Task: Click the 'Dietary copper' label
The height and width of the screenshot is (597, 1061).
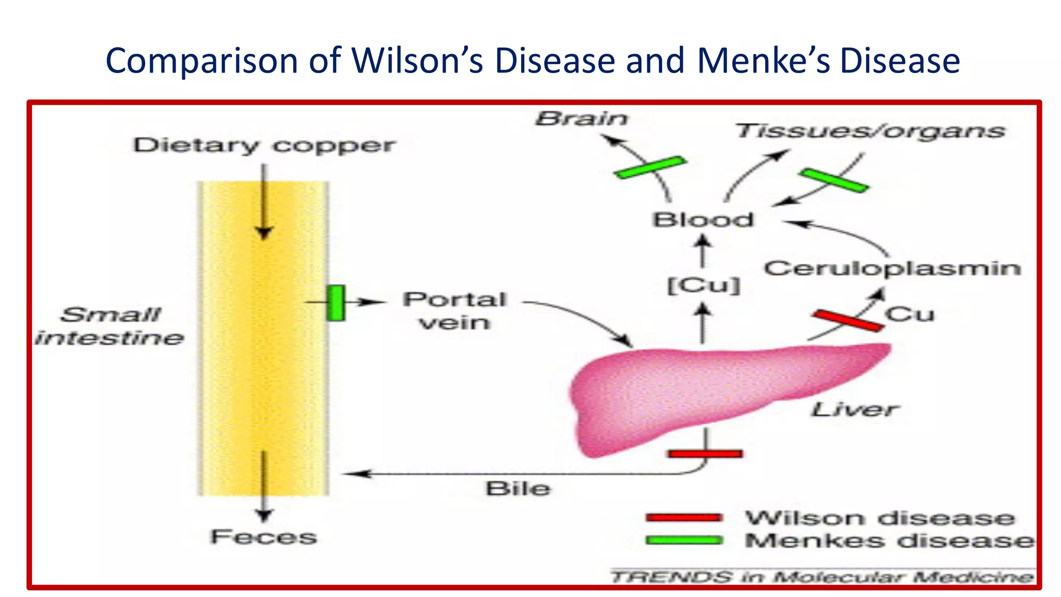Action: coord(264,146)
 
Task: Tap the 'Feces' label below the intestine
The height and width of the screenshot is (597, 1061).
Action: coord(264,537)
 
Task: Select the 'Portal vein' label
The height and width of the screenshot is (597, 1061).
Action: coord(454,310)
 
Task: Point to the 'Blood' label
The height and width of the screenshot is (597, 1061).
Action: coord(702,220)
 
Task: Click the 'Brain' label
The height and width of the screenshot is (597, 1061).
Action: coord(581,119)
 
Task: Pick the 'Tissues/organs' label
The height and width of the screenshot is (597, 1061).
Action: coord(870,131)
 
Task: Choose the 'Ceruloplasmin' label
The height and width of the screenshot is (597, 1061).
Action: coord(892,268)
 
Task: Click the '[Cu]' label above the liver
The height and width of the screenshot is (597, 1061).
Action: coord(703,285)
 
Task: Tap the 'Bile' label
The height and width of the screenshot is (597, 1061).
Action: coord(518,489)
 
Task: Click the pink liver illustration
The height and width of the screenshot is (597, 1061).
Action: coord(699,394)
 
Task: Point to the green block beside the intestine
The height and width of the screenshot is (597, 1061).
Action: coord(336,303)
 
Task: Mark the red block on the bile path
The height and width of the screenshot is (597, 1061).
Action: coord(705,454)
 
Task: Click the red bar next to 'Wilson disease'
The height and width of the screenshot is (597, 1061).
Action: coord(684,517)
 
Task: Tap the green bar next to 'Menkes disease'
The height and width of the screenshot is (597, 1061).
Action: coord(684,540)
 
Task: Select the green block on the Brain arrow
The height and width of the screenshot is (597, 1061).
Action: coord(650,167)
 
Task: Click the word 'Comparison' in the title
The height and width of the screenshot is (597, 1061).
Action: coord(202,61)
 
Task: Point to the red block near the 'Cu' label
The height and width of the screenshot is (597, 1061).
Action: coord(848,320)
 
